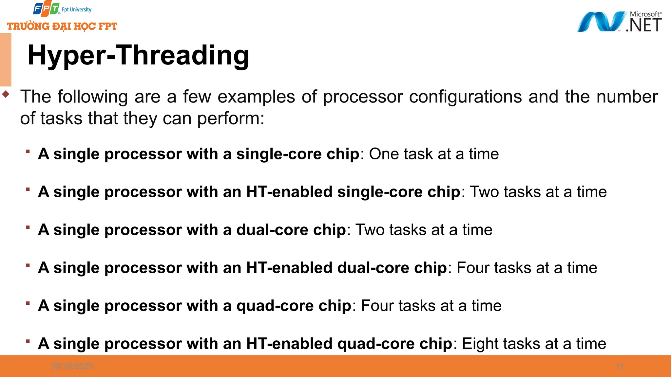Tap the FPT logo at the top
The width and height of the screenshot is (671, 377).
pyautogui.click(x=46, y=9)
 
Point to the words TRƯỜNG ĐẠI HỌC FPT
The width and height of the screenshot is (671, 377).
pyautogui.click(x=62, y=26)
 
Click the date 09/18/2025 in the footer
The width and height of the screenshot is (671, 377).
pyautogui.click(x=72, y=366)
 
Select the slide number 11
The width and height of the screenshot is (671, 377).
pyautogui.click(x=619, y=367)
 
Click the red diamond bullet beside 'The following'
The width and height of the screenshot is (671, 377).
pyautogui.click(x=6, y=94)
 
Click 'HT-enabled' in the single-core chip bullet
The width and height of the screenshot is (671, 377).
pyautogui.click(x=289, y=192)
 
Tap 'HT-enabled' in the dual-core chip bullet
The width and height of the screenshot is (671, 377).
pyautogui.click(x=289, y=268)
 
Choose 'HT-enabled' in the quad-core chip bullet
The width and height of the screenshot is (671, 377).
pyautogui.click(x=289, y=344)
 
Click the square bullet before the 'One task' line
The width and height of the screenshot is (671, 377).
pyautogui.click(x=28, y=151)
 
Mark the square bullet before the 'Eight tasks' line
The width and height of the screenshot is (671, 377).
pyautogui.click(x=28, y=341)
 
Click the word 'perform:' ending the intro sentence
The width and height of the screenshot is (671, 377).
pyautogui.click(x=231, y=118)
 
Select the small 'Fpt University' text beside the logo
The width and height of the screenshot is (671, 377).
pyautogui.click(x=77, y=10)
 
